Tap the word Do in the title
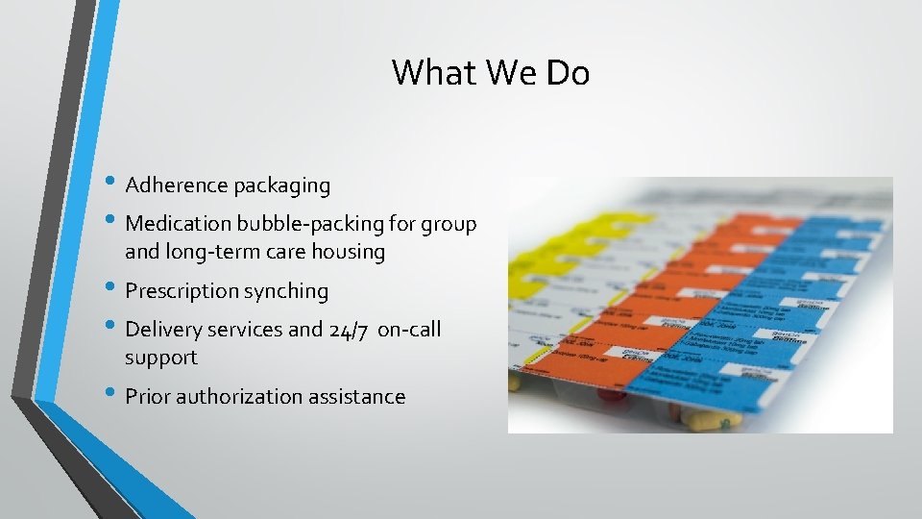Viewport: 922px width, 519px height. [568, 73]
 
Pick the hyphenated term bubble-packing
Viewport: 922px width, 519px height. [310, 224]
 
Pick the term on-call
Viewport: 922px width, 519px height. [410, 330]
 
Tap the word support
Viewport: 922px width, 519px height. [161, 358]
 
